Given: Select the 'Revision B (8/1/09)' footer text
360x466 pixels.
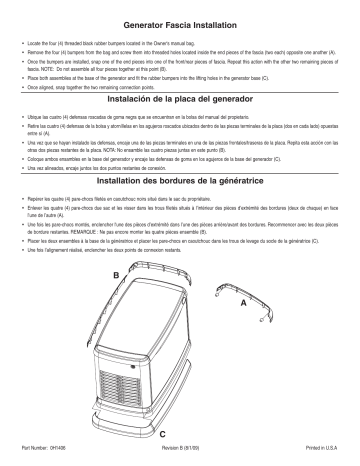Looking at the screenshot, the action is point(181,455).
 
